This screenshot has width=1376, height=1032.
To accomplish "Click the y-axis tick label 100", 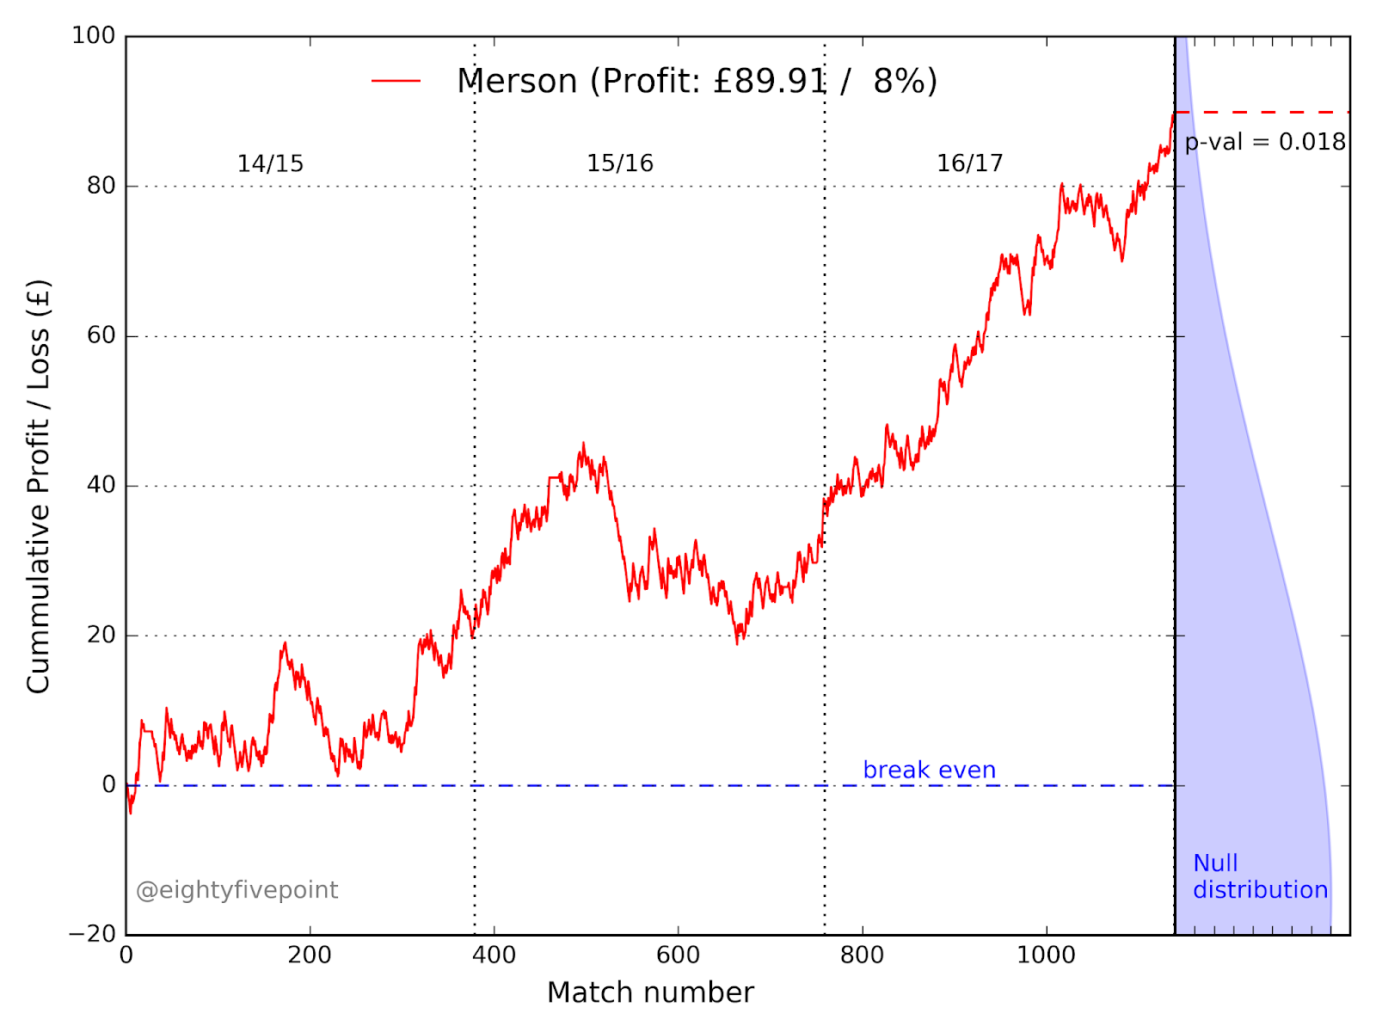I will click(93, 36).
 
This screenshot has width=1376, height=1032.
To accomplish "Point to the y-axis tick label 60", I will click(101, 335).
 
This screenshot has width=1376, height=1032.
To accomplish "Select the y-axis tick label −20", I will click(92, 934).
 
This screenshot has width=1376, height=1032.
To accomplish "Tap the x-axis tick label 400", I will click(494, 955).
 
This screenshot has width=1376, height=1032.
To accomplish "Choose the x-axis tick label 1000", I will click(1046, 955).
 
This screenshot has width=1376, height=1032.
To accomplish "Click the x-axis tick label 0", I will click(126, 955).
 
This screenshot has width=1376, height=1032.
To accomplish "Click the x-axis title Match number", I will click(650, 992).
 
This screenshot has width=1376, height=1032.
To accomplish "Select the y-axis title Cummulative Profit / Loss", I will click(38, 486).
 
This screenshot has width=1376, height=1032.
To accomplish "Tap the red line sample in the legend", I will click(396, 82).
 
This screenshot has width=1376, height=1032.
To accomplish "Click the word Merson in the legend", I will click(517, 82).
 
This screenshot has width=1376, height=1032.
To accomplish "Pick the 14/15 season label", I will click(270, 163).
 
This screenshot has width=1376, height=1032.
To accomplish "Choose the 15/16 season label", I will click(619, 163).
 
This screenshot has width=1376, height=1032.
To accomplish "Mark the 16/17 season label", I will click(969, 163).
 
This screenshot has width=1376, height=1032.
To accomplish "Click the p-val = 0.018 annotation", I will click(1264, 142).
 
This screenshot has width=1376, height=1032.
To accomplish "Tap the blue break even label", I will click(929, 770).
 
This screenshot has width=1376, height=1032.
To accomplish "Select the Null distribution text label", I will click(1260, 876).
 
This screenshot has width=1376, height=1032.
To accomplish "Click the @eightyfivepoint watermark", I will click(237, 890).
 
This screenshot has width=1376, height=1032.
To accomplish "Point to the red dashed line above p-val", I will click(1264, 112).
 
